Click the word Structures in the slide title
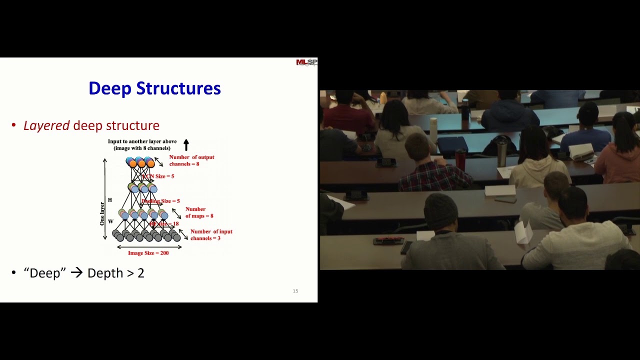coord(178,88)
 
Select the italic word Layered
coord(46,125)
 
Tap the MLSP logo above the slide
coord(306,62)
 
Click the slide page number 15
coord(295,291)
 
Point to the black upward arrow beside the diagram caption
coord(186,145)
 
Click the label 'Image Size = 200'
coord(148,253)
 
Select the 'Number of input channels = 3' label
coord(211,235)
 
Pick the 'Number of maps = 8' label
coord(199,212)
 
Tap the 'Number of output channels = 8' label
coord(191,160)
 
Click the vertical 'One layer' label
coord(102,213)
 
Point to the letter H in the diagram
coord(110,200)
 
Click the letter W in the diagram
coord(110,221)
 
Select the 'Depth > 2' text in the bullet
coord(115,273)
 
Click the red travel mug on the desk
coord(460,159)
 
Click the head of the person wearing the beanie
coord(440,210)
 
